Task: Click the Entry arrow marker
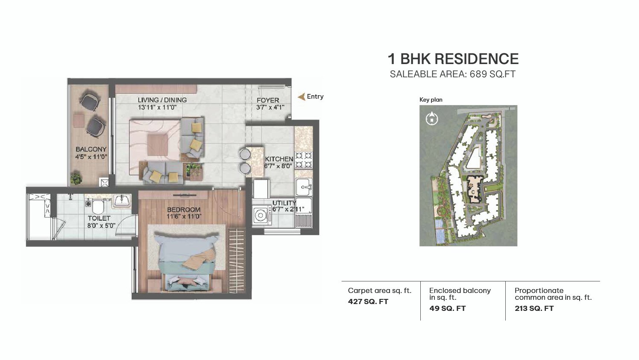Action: click(x=301, y=97)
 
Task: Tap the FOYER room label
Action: click(x=267, y=100)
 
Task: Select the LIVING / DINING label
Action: click(x=162, y=100)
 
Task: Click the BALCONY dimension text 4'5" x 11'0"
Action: click(x=91, y=157)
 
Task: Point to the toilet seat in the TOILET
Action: click(x=97, y=207)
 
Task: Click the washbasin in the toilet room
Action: click(x=123, y=201)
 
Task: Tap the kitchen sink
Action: click(x=304, y=187)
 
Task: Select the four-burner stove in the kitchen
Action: click(x=304, y=160)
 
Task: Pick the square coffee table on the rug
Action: click(x=158, y=145)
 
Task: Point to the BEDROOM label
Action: click(x=184, y=210)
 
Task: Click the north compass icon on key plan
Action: click(x=432, y=118)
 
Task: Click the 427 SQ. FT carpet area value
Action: click(x=368, y=301)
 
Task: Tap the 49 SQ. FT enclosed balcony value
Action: click(x=447, y=308)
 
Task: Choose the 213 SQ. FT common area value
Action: click(x=534, y=308)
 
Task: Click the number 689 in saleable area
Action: click(x=478, y=74)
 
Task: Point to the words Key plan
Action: click(x=431, y=100)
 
